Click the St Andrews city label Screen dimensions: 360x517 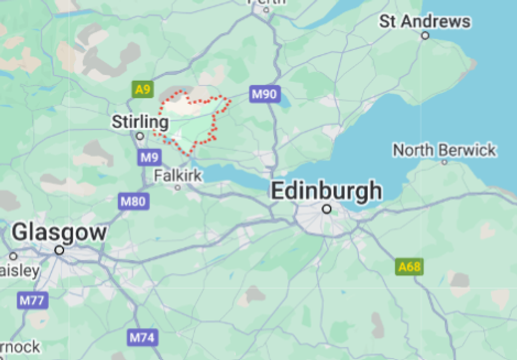pyautogui.click(x=425, y=22)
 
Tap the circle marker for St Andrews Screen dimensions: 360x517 pyautogui.click(x=425, y=36)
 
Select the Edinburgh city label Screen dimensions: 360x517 pyautogui.click(x=327, y=191)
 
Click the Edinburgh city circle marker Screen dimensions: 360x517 pyautogui.click(x=327, y=209)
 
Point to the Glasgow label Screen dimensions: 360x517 pyautogui.click(x=59, y=232)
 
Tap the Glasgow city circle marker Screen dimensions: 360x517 pyautogui.click(x=60, y=250)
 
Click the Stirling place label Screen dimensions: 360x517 pyautogui.click(x=140, y=122)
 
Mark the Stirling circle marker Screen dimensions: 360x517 pyautogui.click(x=140, y=136)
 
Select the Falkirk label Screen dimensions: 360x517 pyautogui.click(x=178, y=175)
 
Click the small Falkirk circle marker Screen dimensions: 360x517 pyautogui.click(x=178, y=187)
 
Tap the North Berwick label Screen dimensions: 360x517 pyautogui.click(x=444, y=150)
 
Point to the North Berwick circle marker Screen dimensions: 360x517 pyautogui.click(x=444, y=162)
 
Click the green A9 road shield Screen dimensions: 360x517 pyautogui.click(x=142, y=89)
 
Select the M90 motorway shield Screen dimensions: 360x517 pyautogui.click(x=264, y=94)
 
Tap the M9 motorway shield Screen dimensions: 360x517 pyautogui.click(x=149, y=157)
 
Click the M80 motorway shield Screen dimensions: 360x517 pyautogui.click(x=133, y=201)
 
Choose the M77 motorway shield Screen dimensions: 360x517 pyautogui.click(x=33, y=301)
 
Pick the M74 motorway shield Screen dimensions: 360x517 pyautogui.click(x=143, y=337)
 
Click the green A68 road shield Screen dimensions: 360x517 pyautogui.click(x=409, y=267)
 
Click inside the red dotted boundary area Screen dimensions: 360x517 pyautogui.click(x=193, y=121)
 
